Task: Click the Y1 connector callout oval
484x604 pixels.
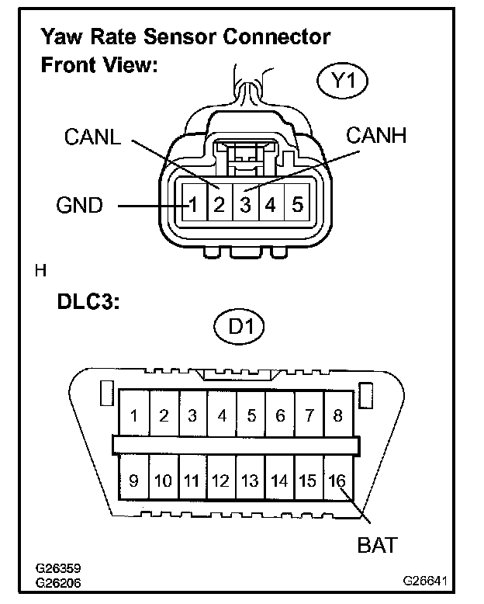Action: tap(341, 82)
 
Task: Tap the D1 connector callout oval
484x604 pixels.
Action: tap(239, 327)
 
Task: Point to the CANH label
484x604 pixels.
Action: tap(375, 137)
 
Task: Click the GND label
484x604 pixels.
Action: tap(80, 206)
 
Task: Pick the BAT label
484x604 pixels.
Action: tap(377, 545)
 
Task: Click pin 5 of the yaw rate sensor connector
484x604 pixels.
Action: tap(297, 206)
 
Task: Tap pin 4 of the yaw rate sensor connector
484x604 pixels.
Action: tap(271, 206)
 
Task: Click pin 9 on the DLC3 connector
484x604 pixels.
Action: tap(133, 481)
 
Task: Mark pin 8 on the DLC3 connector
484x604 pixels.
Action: tap(337, 415)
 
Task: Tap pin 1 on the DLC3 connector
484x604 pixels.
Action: tap(134, 415)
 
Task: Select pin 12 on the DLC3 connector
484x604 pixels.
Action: tap(221, 481)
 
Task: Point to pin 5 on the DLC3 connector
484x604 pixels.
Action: tap(251, 415)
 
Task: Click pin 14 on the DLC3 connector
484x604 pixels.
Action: tap(279, 481)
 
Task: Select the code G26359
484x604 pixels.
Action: tap(59, 569)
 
